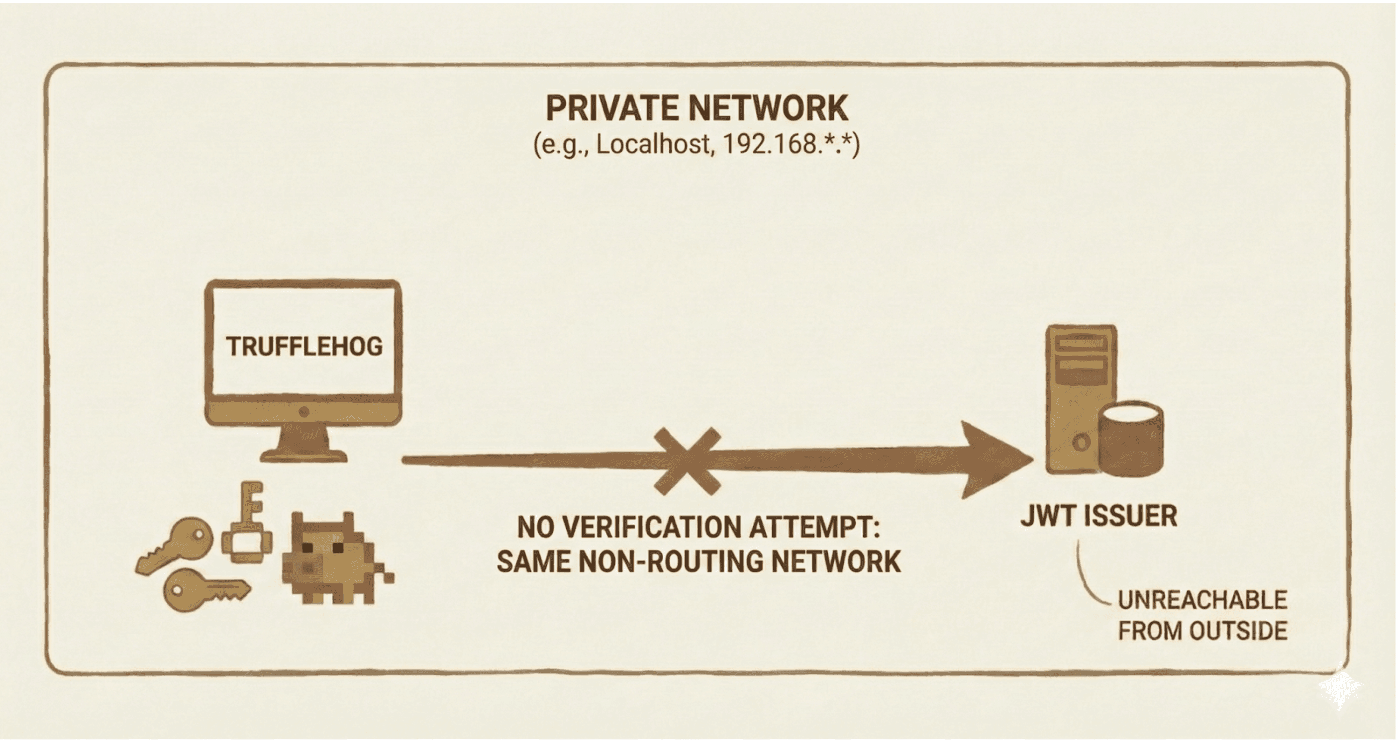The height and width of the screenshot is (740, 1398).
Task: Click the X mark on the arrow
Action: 688,461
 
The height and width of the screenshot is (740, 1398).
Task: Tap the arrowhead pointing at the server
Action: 993,460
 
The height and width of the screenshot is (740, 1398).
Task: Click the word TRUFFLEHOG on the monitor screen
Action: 304,347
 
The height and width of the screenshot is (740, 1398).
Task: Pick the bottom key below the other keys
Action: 203,590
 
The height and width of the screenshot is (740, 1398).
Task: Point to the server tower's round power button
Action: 1081,442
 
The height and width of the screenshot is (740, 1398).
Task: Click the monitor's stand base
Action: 303,455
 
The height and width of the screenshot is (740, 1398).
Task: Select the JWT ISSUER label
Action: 1099,516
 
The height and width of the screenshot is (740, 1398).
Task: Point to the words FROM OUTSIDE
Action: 1202,631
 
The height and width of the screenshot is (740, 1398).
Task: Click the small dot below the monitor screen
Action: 304,412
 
